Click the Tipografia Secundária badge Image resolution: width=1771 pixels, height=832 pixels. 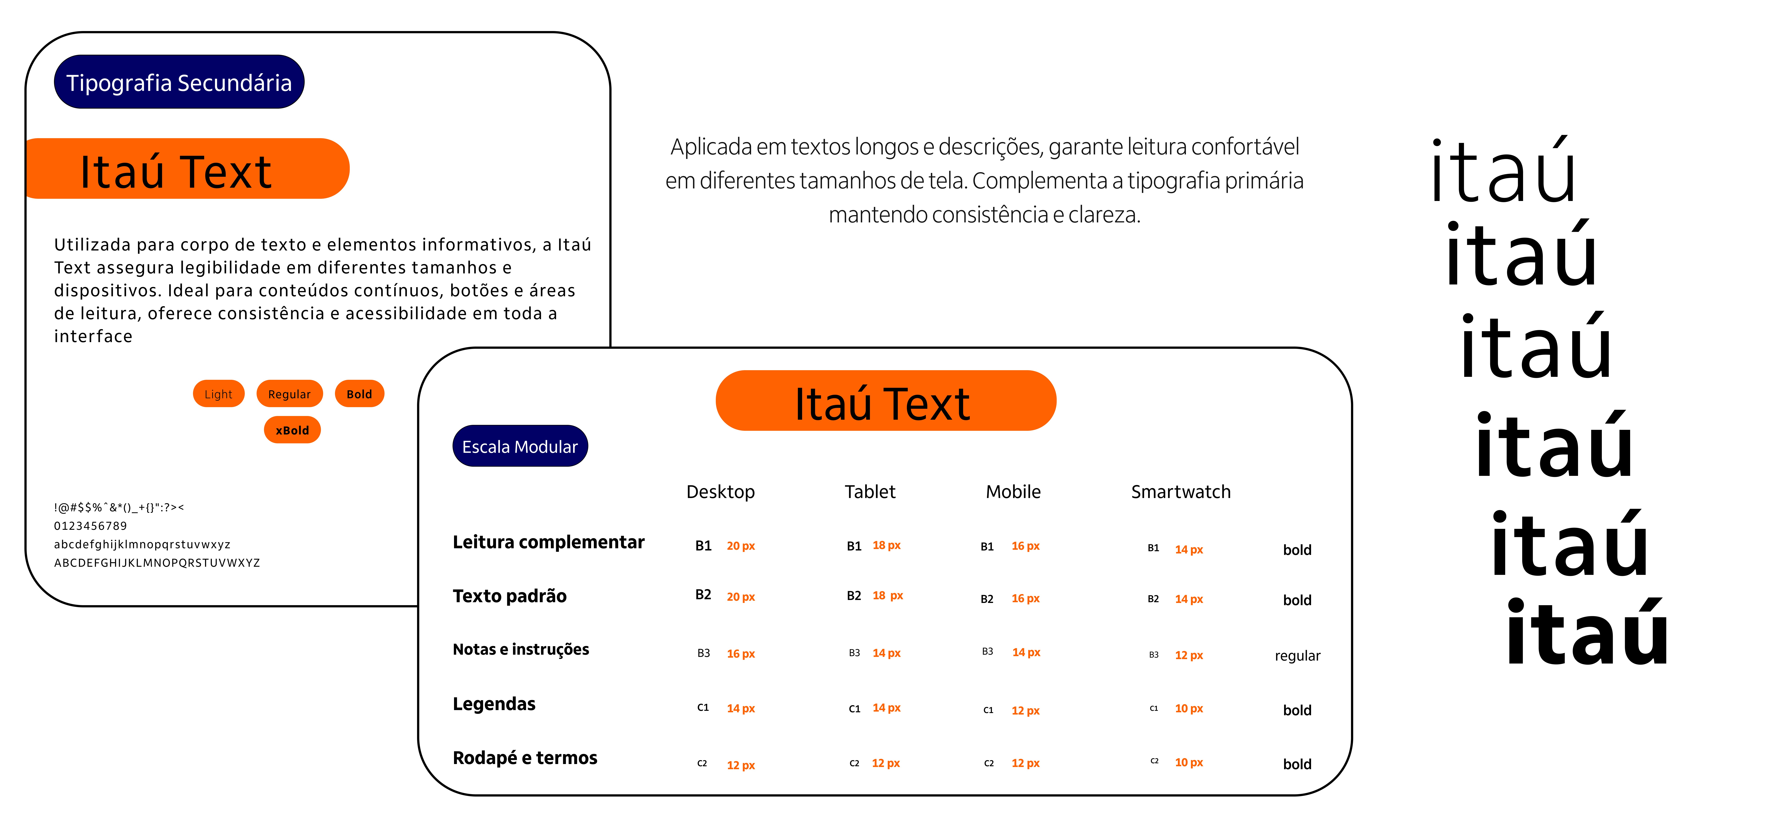click(x=179, y=82)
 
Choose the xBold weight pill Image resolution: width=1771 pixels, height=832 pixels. click(x=292, y=430)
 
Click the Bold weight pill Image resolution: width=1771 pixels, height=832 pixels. click(x=359, y=394)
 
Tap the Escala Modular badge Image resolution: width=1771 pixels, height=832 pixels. click(x=520, y=447)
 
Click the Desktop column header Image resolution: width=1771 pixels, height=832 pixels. click(x=720, y=492)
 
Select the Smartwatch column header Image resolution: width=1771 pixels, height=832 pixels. click(x=1180, y=492)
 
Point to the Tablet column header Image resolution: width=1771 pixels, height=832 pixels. click(x=870, y=492)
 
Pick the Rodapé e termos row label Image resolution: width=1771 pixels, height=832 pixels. click(x=525, y=758)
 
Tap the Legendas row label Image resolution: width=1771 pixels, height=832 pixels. click(x=494, y=704)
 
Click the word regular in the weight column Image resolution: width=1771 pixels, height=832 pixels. click(x=1297, y=655)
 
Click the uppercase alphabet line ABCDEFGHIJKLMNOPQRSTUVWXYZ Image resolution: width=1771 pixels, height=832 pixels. click(x=157, y=563)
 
